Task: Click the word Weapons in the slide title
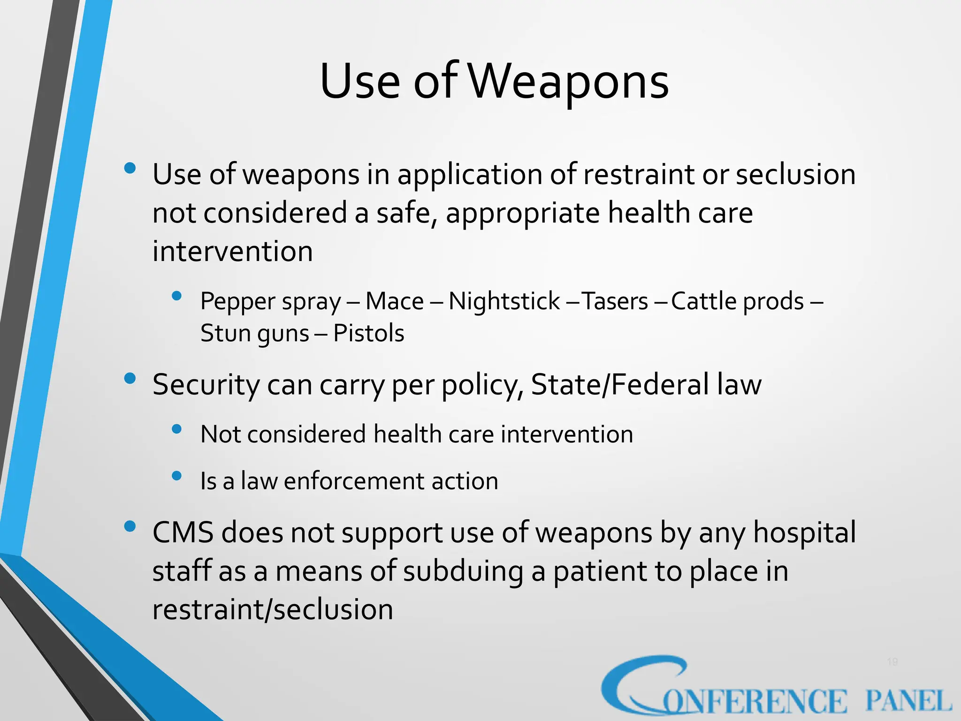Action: click(x=569, y=82)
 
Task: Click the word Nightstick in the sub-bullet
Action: click(x=504, y=301)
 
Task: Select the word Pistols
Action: click(x=368, y=334)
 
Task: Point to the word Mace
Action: click(x=394, y=301)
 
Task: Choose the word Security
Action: click(x=206, y=385)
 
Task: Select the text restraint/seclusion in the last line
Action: click(x=273, y=610)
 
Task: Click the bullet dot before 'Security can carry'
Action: click(x=130, y=378)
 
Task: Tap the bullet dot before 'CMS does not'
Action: click(x=130, y=527)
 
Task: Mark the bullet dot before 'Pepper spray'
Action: click(x=176, y=296)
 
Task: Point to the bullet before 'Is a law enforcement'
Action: click(x=176, y=476)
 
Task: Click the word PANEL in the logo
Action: click(x=908, y=701)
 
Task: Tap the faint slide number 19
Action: click(x=892, y=662)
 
